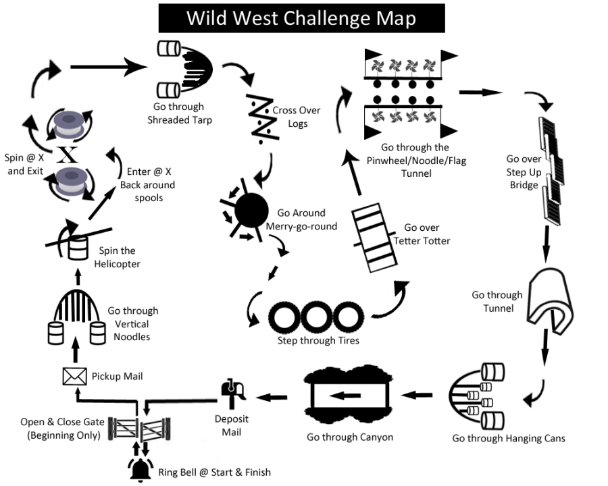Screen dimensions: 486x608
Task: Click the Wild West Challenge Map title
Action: coord(301,18)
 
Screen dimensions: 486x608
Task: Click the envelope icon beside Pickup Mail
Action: coord(72,375)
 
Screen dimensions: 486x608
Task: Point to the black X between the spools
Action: coord(68,155)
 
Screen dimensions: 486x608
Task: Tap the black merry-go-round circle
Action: coord(251,209)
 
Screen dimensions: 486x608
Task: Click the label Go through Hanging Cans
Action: coord(508,439)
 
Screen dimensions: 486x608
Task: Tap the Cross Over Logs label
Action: coord(297,117)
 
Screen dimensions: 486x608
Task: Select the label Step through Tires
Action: coord(318,340)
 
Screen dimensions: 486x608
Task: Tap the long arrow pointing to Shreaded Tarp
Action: coord(109,66)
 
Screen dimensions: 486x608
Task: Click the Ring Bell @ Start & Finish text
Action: coord(214,472)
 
